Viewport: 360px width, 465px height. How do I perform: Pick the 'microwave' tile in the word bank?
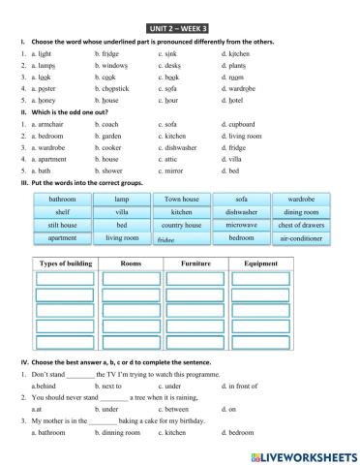(x=242, y=225)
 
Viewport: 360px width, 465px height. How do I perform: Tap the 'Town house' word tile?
(x=181, y=199)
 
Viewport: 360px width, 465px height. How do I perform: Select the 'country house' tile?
(x=181, y=225)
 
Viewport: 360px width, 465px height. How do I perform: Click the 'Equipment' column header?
(x=261, y=263)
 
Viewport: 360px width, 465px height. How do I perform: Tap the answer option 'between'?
(x=174, y=409)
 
